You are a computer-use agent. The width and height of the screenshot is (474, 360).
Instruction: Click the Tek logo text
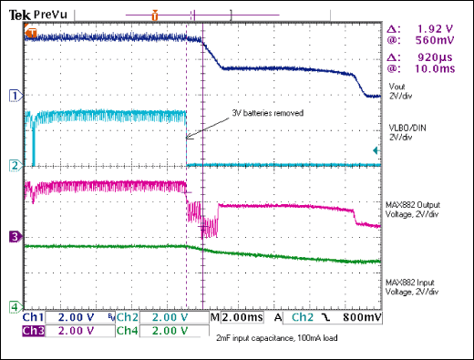click(x=18, y=14)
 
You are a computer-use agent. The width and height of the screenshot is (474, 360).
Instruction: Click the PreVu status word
click(x=46, y=14)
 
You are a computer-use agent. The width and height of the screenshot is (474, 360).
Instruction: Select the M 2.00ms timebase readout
click(x=234, y=318)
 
